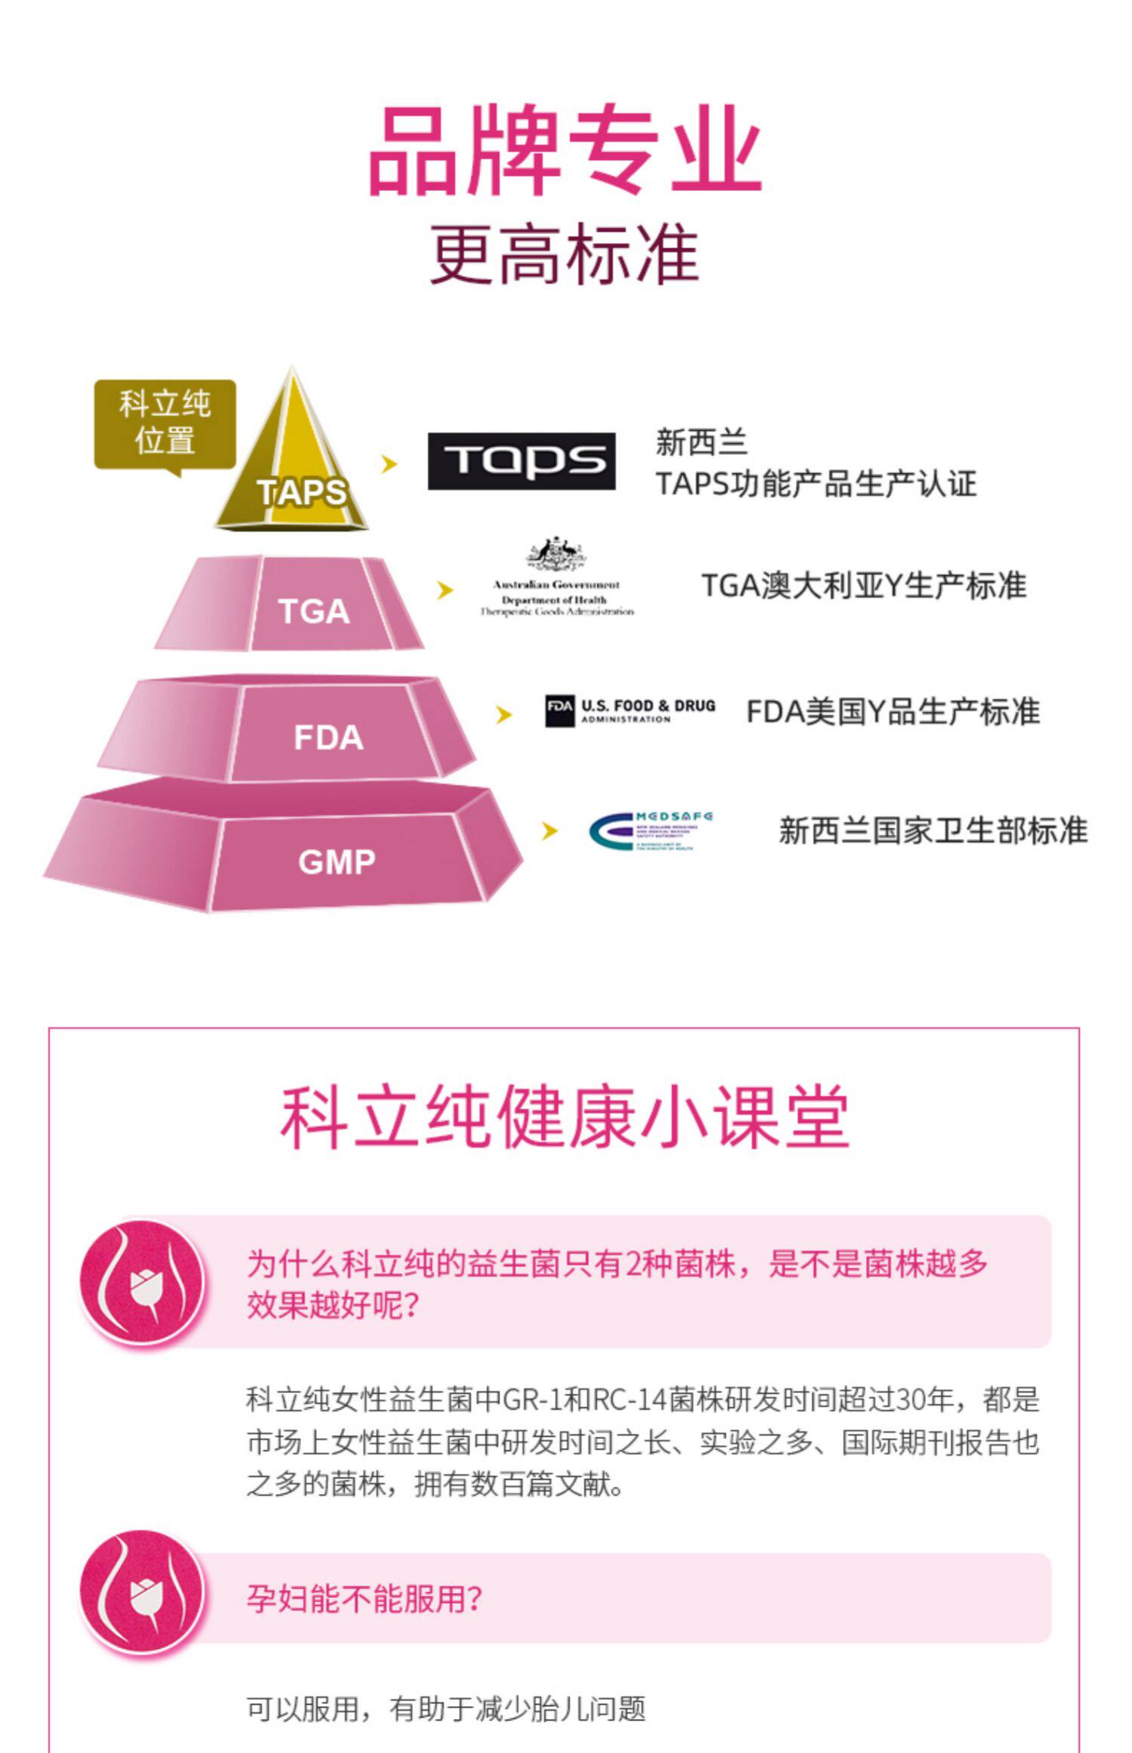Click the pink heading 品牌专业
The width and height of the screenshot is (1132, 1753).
pyautogui.click(x=564, y=151)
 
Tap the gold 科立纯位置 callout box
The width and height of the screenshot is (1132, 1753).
pyautogui.click(x=165, y=424)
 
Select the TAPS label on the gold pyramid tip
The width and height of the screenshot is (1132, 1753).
pyautogui.click(x=302, y=492)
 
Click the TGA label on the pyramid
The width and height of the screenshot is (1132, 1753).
pyautogui.click(x=314, y=611)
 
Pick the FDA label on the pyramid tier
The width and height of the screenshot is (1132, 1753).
pyautogui.click(x=328, y=738)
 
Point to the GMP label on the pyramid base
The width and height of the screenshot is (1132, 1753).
pyautogui.click(x=337, y=861)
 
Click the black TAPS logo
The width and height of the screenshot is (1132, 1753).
pyautogui.click(x=521, y=461)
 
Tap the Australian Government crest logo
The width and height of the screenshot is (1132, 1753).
pyautogui.click(x=557, y=578)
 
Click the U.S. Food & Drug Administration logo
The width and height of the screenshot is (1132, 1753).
pyautogui.click(x=629, y=711)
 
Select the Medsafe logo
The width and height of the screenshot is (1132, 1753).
pyautogui.click(x=651, y=831)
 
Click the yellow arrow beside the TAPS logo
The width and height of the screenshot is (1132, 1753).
pyautogui.click(x=389, y=464)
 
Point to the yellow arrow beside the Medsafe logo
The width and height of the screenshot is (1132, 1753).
pyautogui.click(x=549, y=830)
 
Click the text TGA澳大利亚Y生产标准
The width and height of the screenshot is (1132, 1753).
pyautogui.click(x=863, y=586)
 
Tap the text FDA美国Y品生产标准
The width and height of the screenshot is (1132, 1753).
pyautogui.click(x=892, y=711)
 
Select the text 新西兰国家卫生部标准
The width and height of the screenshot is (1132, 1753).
pyautogui.click(x=933, y=830)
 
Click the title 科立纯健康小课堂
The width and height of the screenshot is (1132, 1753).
pyautogui.click(x=564, y=1118)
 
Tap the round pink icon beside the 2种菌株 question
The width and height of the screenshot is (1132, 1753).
pyautogui.click(x=143, y=1283)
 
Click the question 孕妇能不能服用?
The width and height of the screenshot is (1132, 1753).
pyautogui.click(x=364, y=1598)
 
